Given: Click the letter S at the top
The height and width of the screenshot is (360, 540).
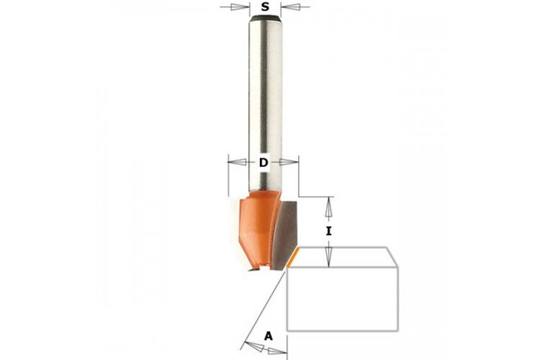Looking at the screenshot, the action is click(x=265, y=6).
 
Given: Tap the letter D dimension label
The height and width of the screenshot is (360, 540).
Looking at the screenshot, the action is click(x=264, y=162).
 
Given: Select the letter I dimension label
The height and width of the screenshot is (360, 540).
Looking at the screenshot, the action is click(x=329, y=231).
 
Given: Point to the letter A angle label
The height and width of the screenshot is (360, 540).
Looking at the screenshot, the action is click(x=269, y=336).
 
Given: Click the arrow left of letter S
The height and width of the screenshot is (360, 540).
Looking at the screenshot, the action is click(x=235, y=6).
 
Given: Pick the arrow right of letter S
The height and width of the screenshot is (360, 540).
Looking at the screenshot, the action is click(x=295, y=6).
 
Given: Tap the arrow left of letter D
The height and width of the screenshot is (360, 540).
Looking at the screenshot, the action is click(x=238, y=161).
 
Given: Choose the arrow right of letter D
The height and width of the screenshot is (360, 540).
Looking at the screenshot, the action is click(x=289, y=161).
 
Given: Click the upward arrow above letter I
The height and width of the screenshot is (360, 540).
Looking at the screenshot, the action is click(x=329, y=209).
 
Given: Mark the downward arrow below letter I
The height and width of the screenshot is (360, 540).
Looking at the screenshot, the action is click(x=329, y=254).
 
